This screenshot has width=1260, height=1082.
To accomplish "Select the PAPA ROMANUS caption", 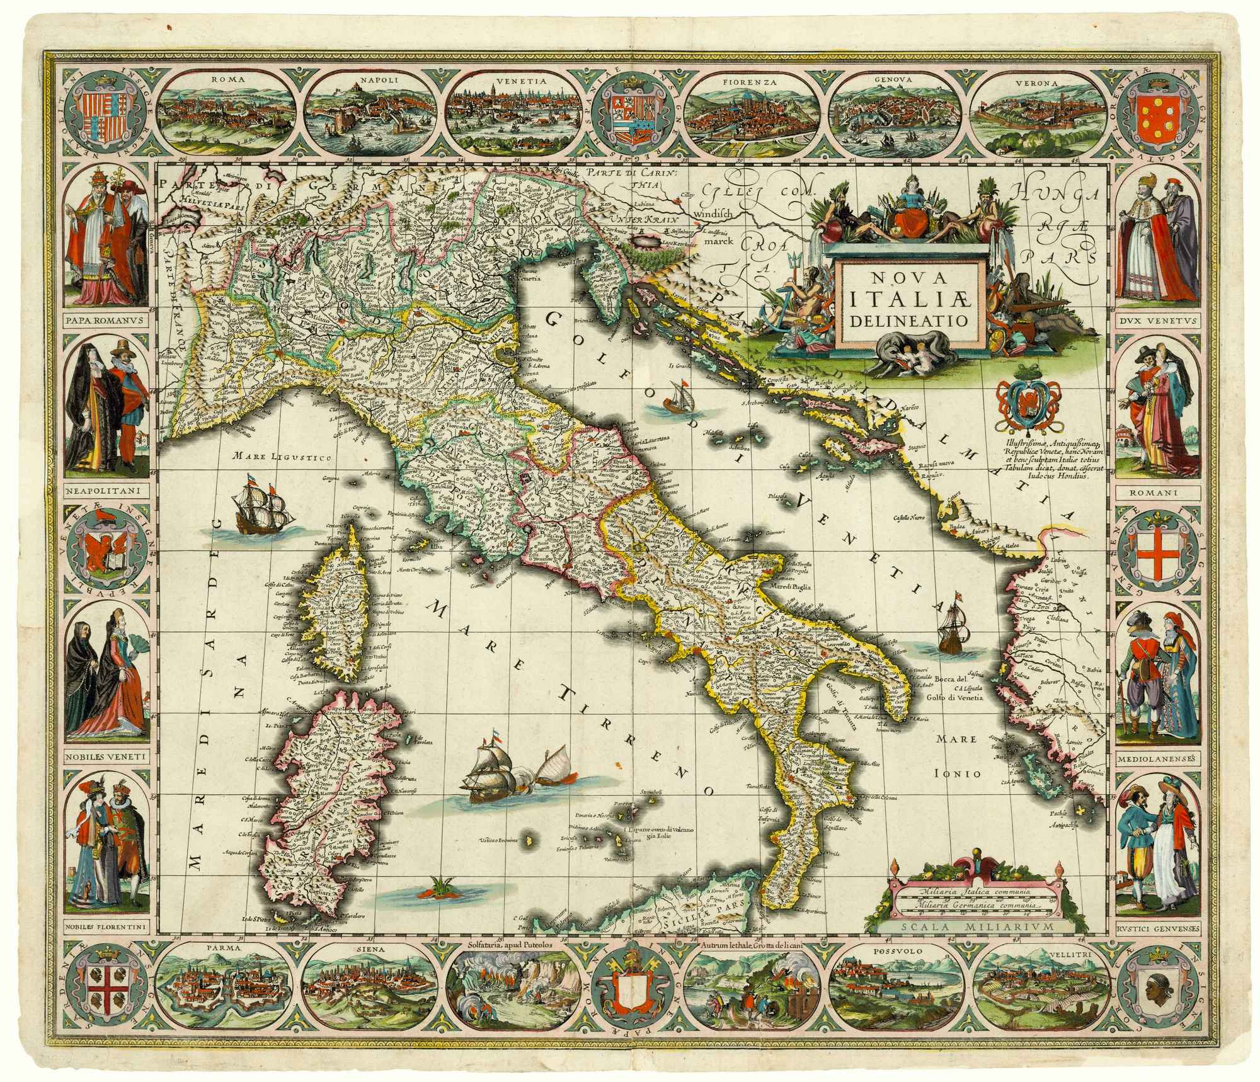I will click(105, 319).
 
